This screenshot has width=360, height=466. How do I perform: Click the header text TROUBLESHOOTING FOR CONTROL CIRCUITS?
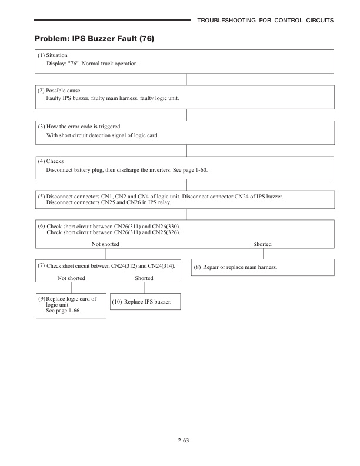(265, 21)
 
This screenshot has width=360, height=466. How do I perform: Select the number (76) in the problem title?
(145, 39)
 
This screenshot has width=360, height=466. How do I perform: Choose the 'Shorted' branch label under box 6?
(262, 244)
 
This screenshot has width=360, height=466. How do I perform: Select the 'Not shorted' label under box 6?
(105, 244)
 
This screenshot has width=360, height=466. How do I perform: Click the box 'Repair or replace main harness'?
(263, 268)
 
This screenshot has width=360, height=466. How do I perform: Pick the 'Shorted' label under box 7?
(144, 278)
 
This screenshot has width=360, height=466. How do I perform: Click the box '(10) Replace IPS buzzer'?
(145, 301)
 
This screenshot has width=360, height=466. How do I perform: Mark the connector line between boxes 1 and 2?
(186, 79)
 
